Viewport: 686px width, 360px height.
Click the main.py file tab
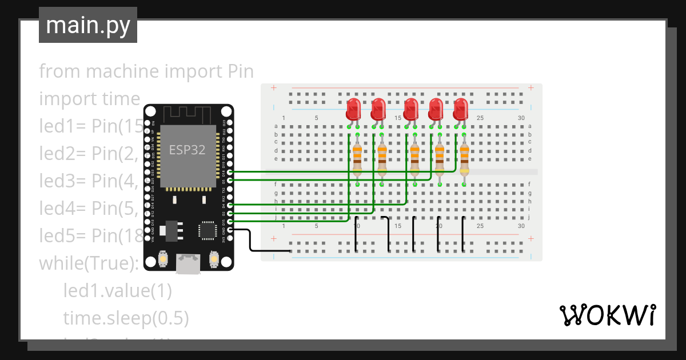point(87,25)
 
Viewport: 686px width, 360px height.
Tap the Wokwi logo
point(607,315)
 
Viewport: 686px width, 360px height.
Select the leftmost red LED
point(353,109)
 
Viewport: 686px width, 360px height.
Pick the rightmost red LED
point(460,109)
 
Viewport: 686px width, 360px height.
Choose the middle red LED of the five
point(410,109)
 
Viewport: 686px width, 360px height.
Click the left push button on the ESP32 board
point(163,259)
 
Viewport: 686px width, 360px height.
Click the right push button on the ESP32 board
point(214,259)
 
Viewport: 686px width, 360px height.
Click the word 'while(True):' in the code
point(89,263)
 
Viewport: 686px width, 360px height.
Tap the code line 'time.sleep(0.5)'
point(126,318)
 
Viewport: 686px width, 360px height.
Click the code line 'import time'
point(89,99)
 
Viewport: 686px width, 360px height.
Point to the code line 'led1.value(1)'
point(117,291)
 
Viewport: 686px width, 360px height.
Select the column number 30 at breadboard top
point(521,118)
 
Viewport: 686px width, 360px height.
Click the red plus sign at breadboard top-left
point(274,88)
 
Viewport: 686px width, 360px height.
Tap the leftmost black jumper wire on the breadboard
point(356,234)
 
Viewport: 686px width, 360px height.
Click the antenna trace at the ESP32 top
point(188,114)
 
